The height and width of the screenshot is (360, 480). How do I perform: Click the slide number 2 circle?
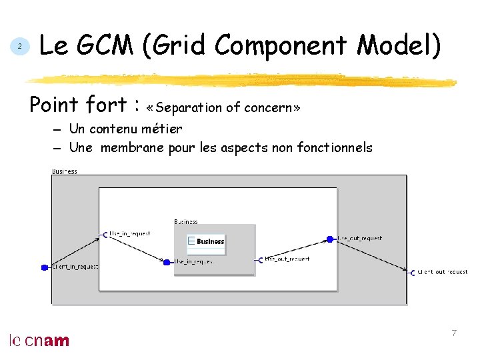coord(20,47)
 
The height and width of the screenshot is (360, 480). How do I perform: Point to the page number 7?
coord(454,333)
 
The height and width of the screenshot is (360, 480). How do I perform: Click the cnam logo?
coord(39,341)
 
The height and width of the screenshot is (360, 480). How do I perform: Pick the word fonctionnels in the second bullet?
coord(333,147)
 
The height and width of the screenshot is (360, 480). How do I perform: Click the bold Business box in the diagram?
coord(207,241)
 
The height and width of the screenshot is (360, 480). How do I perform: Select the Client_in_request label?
coord(75,267)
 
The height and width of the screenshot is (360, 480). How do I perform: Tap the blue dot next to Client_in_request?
coord(44,267)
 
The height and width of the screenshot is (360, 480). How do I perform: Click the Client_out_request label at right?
coord(443,272)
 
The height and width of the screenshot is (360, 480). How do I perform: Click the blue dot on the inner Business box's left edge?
coord(167,262)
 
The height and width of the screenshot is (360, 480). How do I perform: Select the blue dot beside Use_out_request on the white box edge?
coord(329,239)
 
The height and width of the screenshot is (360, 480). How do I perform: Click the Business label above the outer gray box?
coord(65,171)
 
